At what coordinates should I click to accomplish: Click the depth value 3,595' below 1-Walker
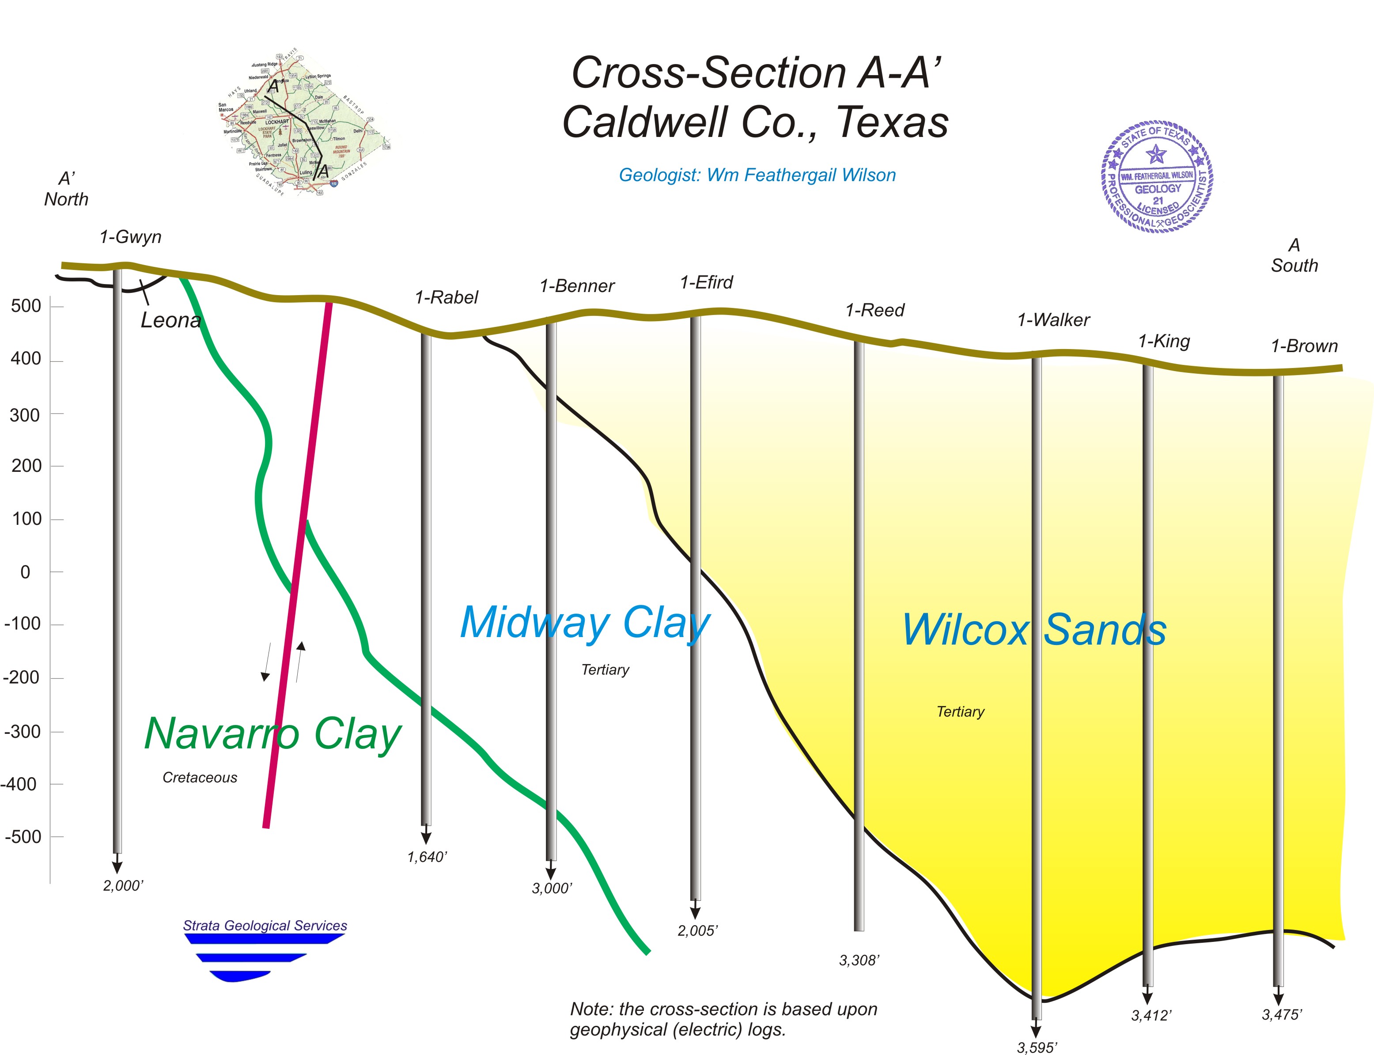(1036, 1047)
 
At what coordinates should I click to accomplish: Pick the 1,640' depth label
(427, 857)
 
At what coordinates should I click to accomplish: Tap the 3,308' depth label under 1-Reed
(859, 960)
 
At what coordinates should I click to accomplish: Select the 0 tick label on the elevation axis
(25, 572)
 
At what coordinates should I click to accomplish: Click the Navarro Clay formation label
(273, 733)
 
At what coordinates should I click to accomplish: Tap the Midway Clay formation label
(585, 623)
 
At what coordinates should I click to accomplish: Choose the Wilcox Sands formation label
(1034, 630)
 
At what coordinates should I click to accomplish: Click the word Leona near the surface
(171, 320)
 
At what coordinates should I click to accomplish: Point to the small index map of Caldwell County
(304, 122)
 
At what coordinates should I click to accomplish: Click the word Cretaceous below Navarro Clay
(200, 778)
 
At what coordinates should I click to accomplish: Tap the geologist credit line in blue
(757, 175)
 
